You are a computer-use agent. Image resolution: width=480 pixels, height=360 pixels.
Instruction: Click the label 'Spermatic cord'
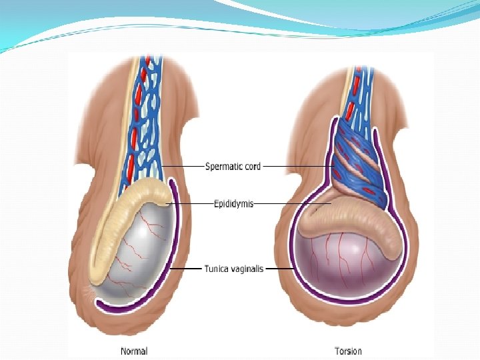233,166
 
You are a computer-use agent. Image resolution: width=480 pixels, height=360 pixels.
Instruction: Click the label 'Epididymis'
233,203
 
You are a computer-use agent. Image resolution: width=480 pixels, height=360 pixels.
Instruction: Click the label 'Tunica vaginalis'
233,269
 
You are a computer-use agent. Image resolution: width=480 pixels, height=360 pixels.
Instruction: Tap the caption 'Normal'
134,351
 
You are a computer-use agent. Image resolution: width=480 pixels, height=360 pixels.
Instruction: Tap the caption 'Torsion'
349,351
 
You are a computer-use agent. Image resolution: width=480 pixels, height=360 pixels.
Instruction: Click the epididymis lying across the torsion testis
347,220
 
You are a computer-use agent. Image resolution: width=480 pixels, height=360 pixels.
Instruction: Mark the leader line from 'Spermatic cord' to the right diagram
297,166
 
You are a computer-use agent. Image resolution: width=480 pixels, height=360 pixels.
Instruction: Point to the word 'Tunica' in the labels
216,269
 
